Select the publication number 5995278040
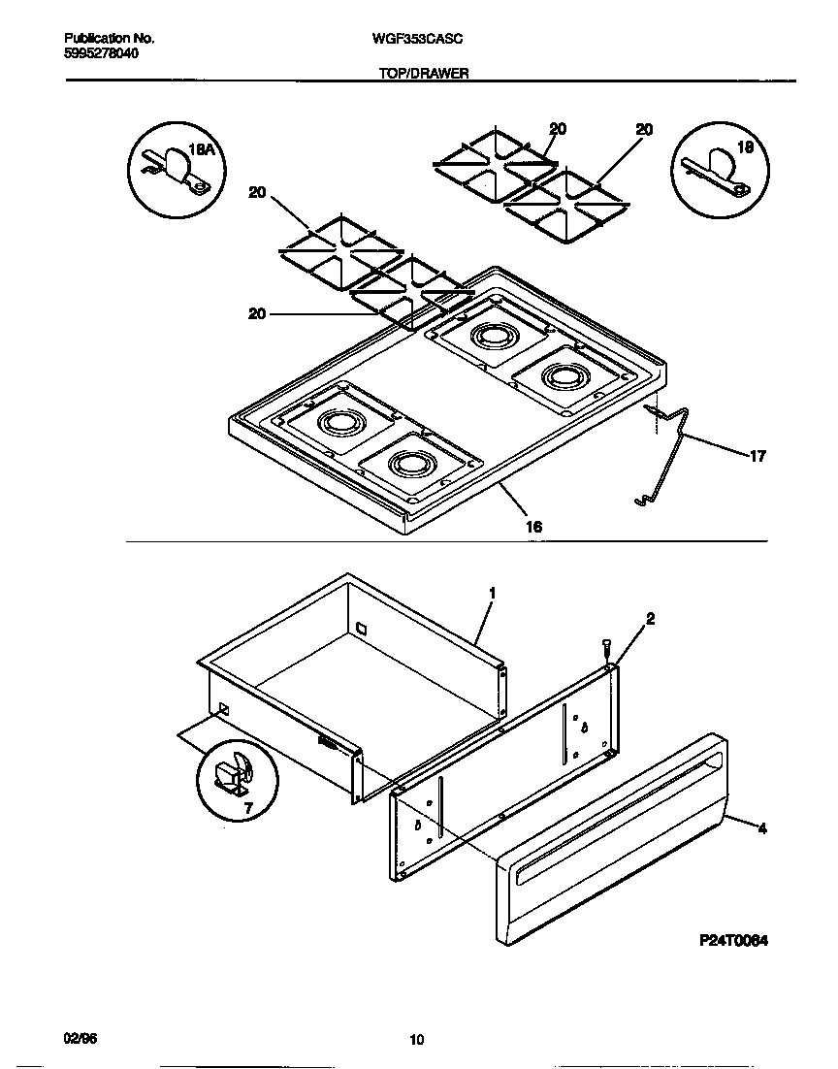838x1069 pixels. pyautogui.click(x=101, y=53)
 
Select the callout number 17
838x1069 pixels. pyautogui.click(x=757, y=456)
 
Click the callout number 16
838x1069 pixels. pyautogui.click(x=532, y=527)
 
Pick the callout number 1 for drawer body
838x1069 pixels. pyautogui.click(x=492, y=592)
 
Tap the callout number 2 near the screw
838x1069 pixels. pyautogui.click(x=650, y=618)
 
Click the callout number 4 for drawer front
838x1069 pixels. pyautogui.click(x=761, y=828)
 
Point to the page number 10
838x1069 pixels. pyautogui.click(x=417, y=1041)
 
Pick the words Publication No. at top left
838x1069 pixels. pyautogui.click(x=109, y=38)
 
